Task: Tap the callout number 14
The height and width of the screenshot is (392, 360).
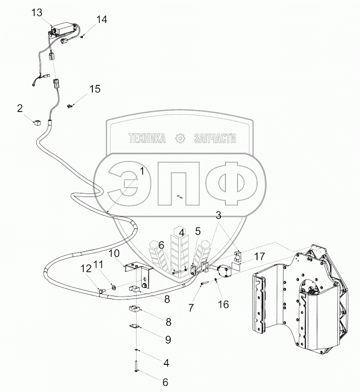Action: coord(102,20)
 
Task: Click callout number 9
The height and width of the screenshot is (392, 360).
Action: coord(168,340)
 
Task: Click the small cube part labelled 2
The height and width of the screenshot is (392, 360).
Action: coord(37,122)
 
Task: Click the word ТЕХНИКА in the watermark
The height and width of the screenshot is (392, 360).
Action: coord(147,139)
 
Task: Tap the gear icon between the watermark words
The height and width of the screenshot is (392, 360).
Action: coord(180,139)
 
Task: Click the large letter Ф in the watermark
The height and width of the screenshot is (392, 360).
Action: coord(231,183)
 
